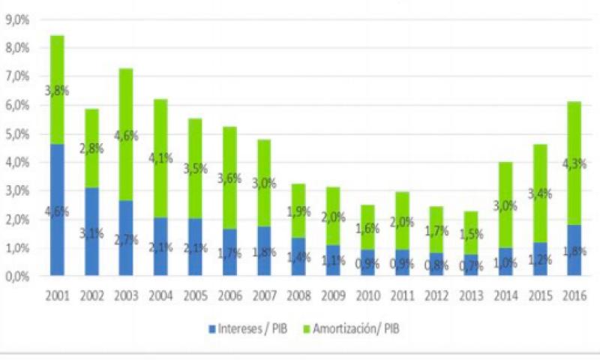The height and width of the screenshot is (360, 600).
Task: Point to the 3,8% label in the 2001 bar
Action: click(x=57, y=91)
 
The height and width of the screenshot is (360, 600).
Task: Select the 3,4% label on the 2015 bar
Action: click(x=539, y=194)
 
